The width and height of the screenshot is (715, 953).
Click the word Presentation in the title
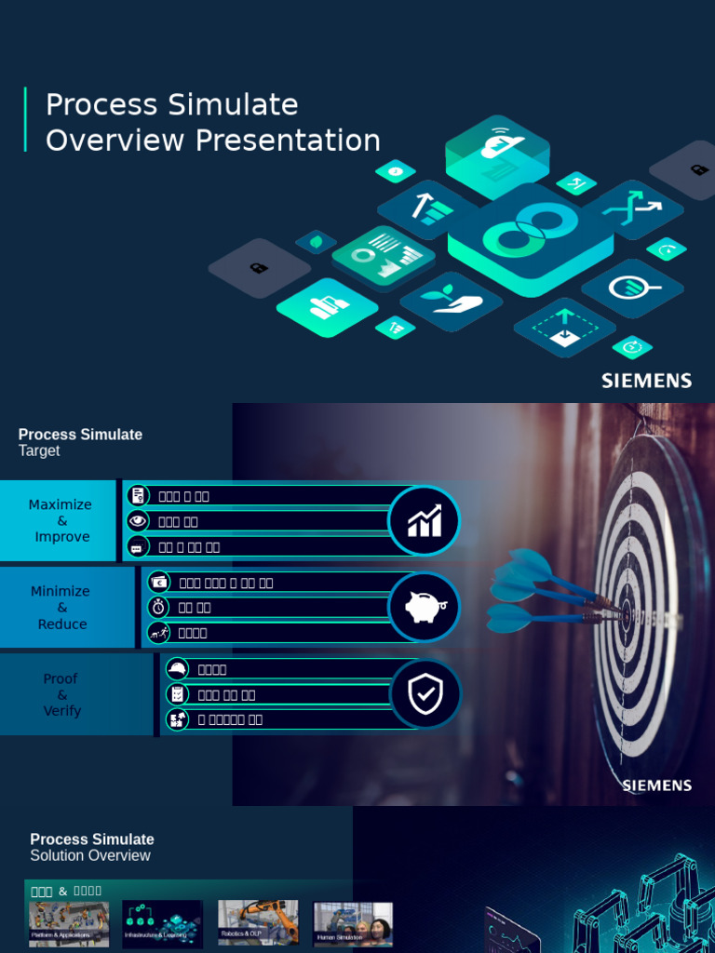click(288, 141)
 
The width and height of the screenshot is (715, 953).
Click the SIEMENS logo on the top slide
click(646, 381)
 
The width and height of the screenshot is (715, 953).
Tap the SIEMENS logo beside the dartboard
click(656, 785)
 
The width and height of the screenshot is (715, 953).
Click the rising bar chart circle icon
click(425, 521)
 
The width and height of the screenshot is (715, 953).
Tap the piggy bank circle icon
click(425, 608)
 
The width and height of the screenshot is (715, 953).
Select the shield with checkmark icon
click(425, 694)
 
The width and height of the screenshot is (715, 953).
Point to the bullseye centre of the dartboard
click(626, 614)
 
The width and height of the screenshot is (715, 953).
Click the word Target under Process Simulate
click(39, 451)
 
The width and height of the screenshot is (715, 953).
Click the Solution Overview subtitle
click(90, 856)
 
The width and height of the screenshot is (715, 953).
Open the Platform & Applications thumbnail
click(69, 923)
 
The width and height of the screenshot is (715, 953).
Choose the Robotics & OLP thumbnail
click(258, 922)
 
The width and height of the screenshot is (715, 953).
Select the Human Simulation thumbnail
click(353, 923)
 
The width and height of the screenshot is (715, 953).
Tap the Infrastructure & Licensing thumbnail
click(163, 923)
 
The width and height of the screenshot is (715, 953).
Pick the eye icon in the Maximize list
click(138, 521)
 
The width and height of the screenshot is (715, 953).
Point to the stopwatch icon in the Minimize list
click(158, 608)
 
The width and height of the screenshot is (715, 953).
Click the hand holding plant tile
click(451, 300)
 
